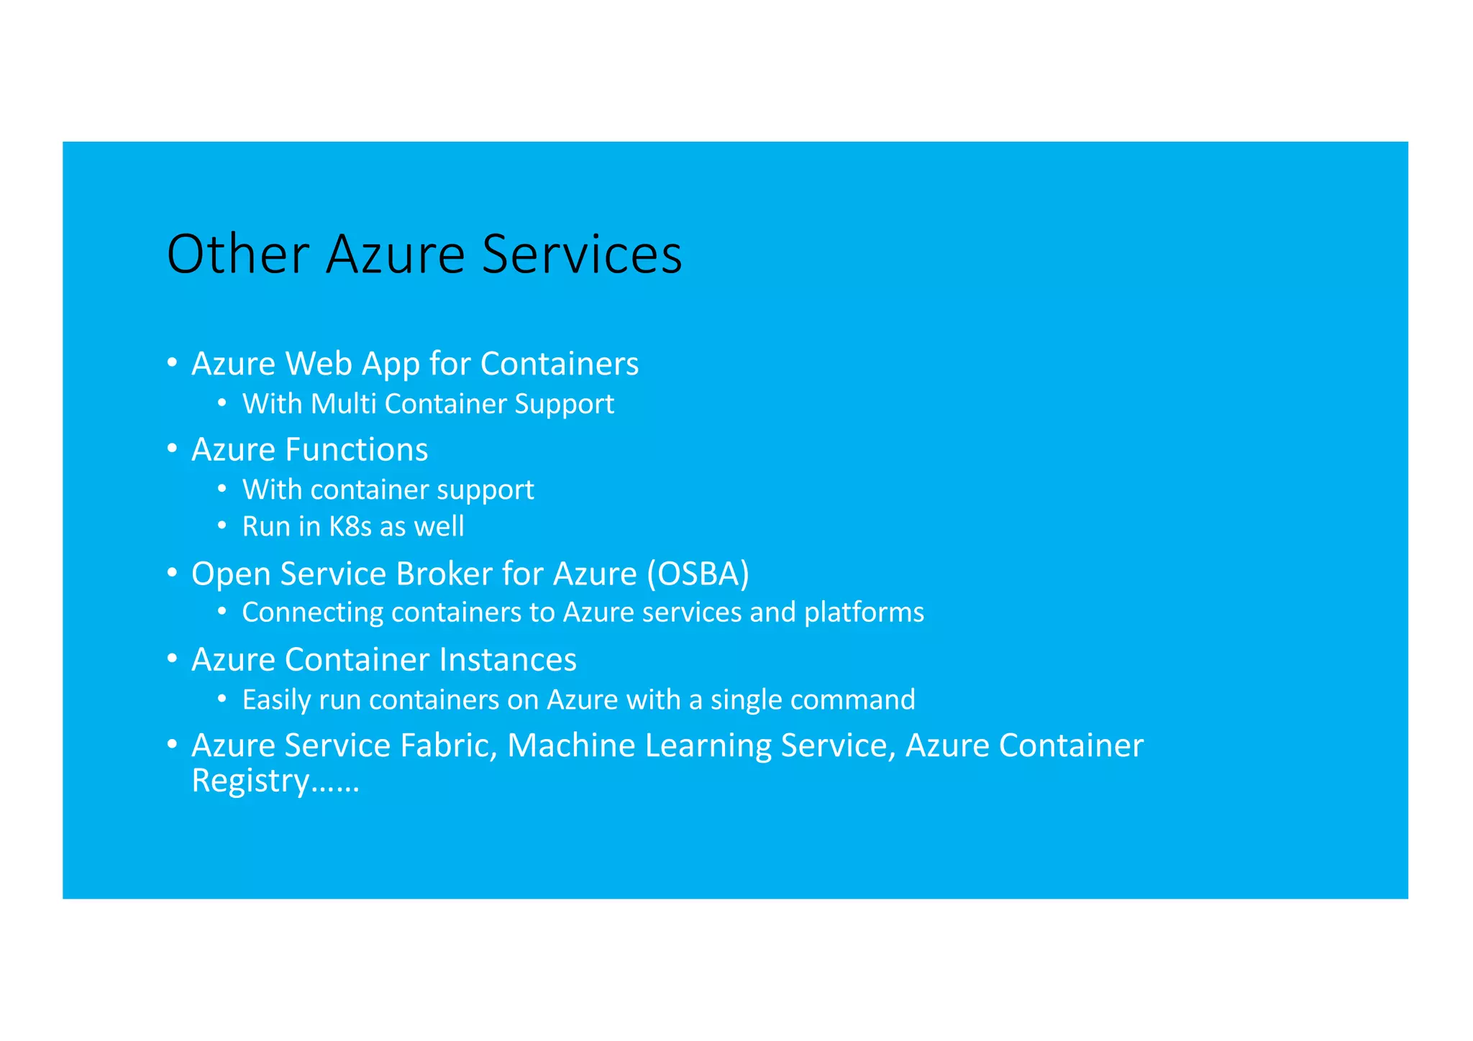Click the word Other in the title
point(237,254)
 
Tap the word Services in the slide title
point(581,254)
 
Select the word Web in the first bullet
point(316,364)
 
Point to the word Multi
point(344,404)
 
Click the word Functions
point(356,450)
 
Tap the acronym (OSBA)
point(697,574)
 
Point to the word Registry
point(250,781)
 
